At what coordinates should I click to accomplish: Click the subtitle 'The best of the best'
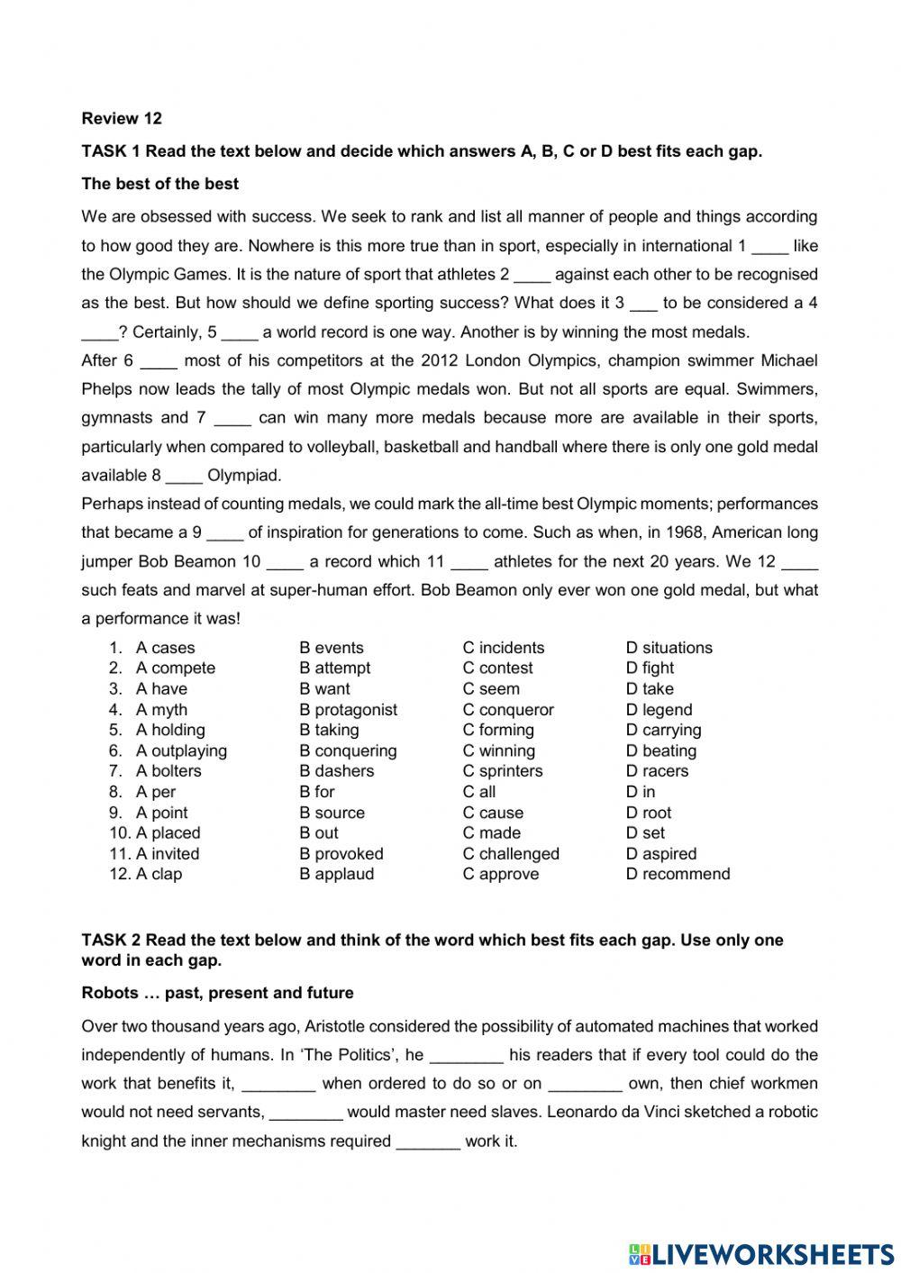coord(159,184)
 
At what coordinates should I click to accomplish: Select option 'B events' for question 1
coord(331,648)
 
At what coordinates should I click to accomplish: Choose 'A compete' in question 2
coord(175,668)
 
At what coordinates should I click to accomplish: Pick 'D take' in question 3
coord(649,688)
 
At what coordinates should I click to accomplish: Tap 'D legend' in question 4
coord(659,710)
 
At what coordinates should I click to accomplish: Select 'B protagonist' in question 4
coord(348,710)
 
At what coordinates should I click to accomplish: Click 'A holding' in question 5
coord(169,730)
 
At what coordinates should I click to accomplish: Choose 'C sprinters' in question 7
coord(502,771)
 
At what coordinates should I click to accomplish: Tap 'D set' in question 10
coord(645,833)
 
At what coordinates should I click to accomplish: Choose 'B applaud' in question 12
coord(336,874)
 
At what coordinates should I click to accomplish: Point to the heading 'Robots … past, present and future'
coord(217,993)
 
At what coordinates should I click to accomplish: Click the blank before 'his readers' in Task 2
coord(466,1056)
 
